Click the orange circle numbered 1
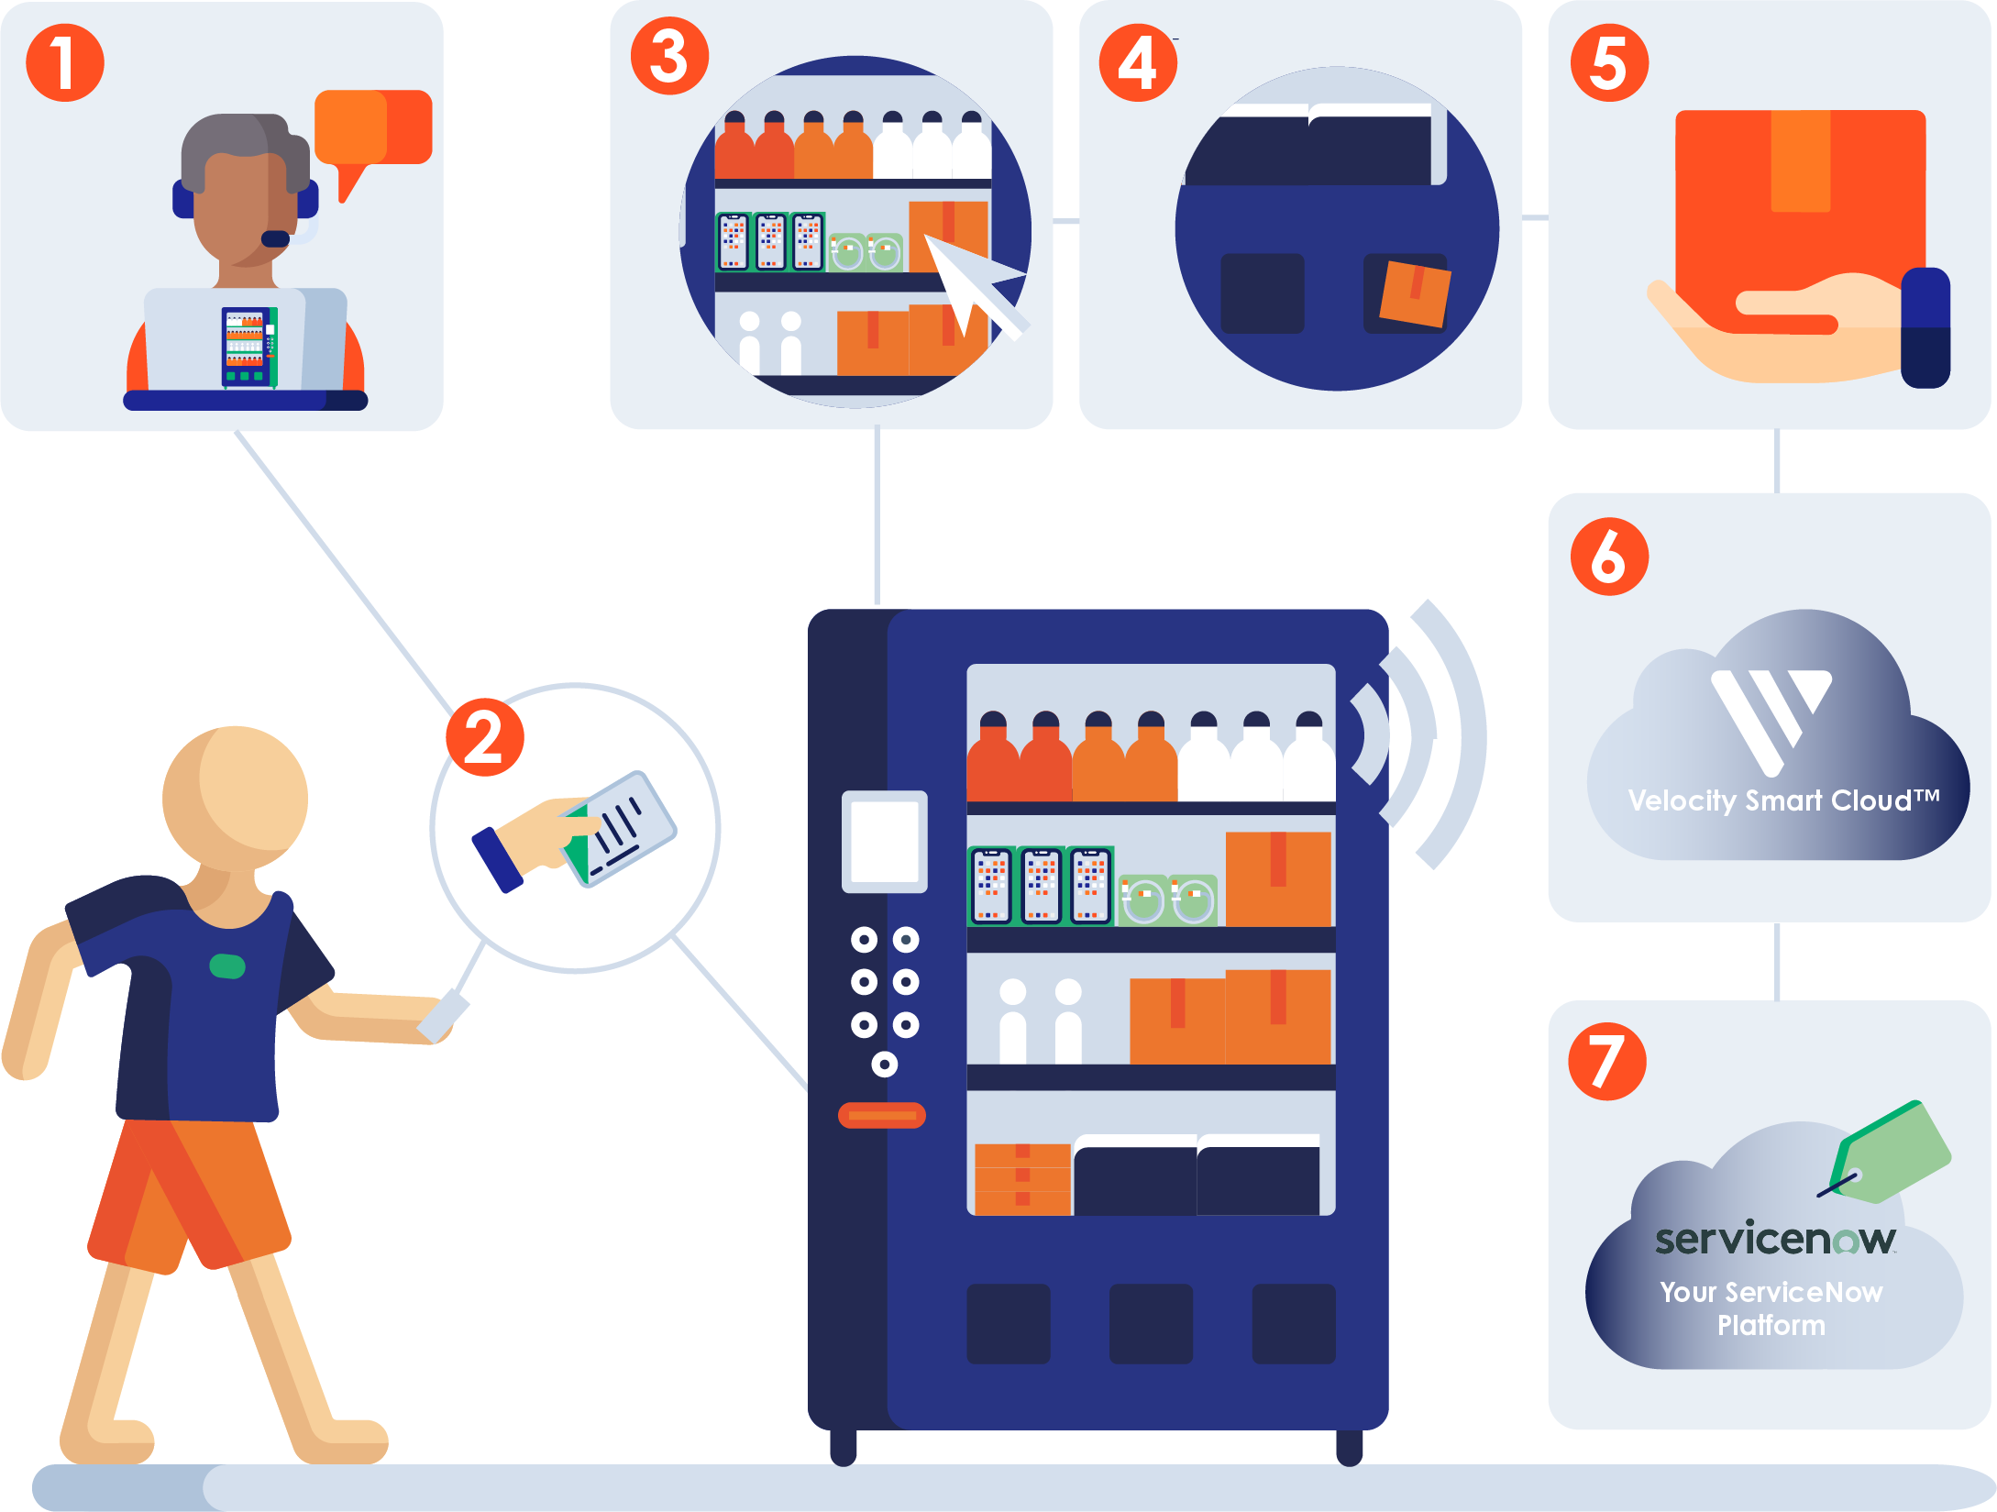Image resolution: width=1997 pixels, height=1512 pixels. pos(64,62)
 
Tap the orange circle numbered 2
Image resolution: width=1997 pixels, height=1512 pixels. pos(484,737)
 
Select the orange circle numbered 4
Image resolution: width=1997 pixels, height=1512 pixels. pos(1138,62)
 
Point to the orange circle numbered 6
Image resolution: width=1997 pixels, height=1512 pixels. pos(1609,557)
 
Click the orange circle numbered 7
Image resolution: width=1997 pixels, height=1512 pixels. pos(1607,1061)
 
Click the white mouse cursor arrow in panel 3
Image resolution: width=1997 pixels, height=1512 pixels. pos(967,281)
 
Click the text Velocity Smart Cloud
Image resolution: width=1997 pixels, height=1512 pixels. pos(1782,800)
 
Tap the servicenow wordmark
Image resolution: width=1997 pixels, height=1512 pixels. pos(1774,1239)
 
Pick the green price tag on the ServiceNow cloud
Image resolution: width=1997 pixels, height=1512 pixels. pos(1893,1152)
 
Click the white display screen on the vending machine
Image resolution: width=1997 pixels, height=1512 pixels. pos(884,841)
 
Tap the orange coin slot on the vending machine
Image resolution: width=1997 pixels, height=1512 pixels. pos(881,1115)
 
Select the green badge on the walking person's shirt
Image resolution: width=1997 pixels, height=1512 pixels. pos(227,966)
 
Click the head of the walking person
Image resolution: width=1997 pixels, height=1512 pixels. pos(236,798)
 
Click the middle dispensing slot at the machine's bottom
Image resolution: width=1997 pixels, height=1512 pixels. pos(1151,1323)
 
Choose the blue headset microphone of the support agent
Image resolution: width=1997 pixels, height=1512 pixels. pos(275,239)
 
